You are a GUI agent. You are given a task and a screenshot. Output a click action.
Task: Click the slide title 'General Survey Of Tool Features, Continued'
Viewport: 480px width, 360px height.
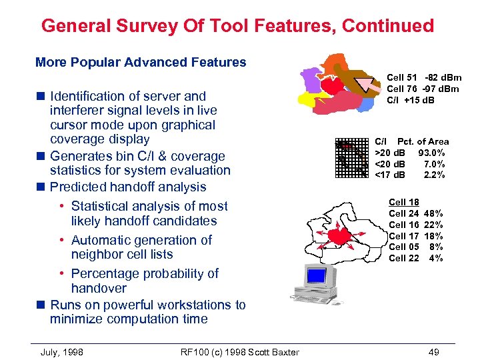coord(237,26)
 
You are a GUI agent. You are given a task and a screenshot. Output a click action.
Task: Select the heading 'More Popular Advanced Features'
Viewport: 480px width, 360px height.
coord(141,63)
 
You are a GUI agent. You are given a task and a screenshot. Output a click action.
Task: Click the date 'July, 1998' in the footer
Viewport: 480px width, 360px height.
coord(62,351)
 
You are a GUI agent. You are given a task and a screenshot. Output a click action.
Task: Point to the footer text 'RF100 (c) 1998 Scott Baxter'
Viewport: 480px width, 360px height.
coord(239,351)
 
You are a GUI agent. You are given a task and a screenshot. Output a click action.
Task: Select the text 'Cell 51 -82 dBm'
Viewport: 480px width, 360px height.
coord(424,79)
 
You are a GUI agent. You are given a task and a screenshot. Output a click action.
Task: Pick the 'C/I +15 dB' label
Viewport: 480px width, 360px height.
coord(411,101)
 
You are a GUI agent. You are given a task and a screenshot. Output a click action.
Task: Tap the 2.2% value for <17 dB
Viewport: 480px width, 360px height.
coord(436,175)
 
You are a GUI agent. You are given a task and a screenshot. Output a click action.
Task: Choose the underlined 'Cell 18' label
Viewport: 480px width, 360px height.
coord(403,202)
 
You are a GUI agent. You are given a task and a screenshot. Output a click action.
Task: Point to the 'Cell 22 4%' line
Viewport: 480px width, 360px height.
coord(415,259)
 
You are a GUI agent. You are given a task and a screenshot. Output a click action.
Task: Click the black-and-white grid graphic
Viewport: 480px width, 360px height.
coord(351,157)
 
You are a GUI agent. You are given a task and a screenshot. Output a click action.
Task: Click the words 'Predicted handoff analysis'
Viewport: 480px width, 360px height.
coord(128,187)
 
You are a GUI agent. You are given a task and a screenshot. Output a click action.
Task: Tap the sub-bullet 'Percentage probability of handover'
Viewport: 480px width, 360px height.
coord(144,281)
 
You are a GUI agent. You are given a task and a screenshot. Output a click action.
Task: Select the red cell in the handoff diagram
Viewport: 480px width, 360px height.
coord(339,235)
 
